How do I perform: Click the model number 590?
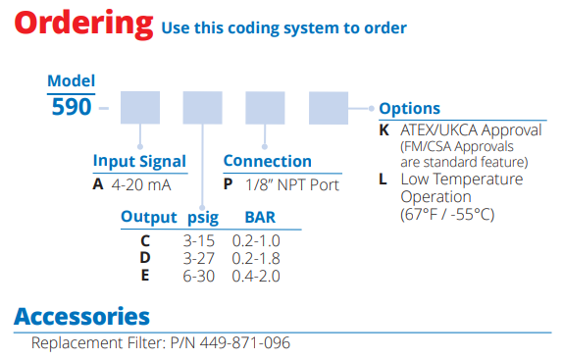[x=72, y=107]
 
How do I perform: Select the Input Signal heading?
[x=139, y=161]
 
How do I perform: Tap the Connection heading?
[x=267, y=161]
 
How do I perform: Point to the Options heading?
[x=409, y=109]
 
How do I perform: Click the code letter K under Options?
[x=384, y=129]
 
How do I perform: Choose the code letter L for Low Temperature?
[x=383, y=180]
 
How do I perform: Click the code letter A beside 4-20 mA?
[x=99, y=182]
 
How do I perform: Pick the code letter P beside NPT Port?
[x=228, y=182]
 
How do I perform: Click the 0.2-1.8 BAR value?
[x=256, y=257]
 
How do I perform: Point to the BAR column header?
[x=259, y=217]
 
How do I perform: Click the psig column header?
[x=202, y=217]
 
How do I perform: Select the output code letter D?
[x=145, y=257]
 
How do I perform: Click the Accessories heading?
[x=81, y=316]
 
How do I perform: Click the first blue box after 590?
[x=140, y=107]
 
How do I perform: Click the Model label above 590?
[x=72, y=81]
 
